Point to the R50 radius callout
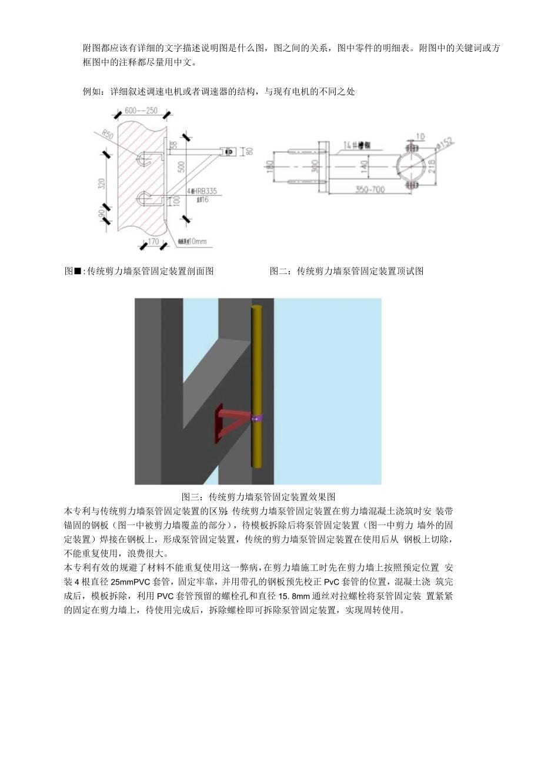pyautogui.click(x=108, y=135)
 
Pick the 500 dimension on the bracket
pyautogui.click(x=181, y=166)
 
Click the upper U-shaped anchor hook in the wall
pyautogui.click(x=145, y=157)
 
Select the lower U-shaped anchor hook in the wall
pyautogui.click(x=145, y=197)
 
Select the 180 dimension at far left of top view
pyautogui.click(x=270, y=166)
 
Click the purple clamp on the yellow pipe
pyautogui.click(x=257, y=419)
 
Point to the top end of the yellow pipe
pyautogui.click(x=257, y=308)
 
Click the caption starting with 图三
pyautogui.click(x=258, y=497)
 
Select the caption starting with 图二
pyautogui.click(x=346, y=271)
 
